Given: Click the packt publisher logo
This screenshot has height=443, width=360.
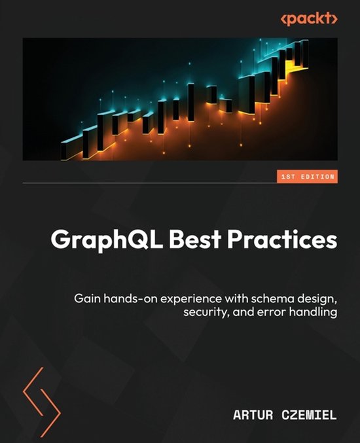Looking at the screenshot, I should (309, 19).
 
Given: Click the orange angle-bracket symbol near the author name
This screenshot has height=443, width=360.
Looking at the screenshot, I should (41, 393).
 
